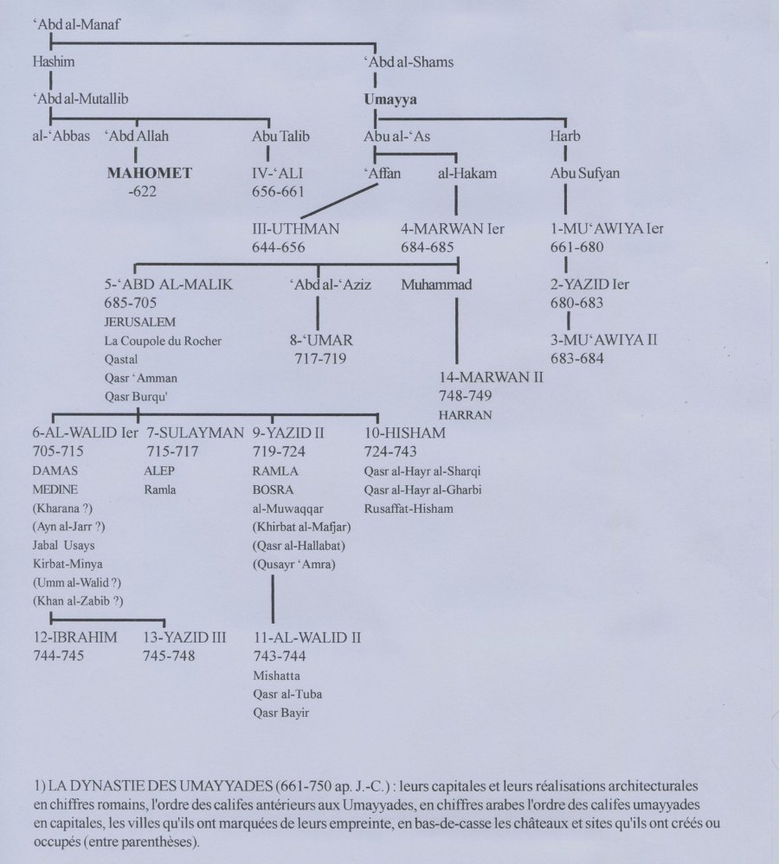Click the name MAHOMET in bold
(149, 173)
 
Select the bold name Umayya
(390, 99)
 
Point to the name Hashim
(53, 61)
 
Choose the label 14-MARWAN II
(491, 377)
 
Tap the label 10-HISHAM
(405, 432)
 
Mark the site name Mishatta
(275, 675)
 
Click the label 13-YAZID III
(184, 637)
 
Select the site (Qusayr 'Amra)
(293, 564)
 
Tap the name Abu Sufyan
(585, 173)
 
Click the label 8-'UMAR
(321, 340)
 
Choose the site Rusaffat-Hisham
(409, 509)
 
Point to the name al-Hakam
(467, 173)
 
